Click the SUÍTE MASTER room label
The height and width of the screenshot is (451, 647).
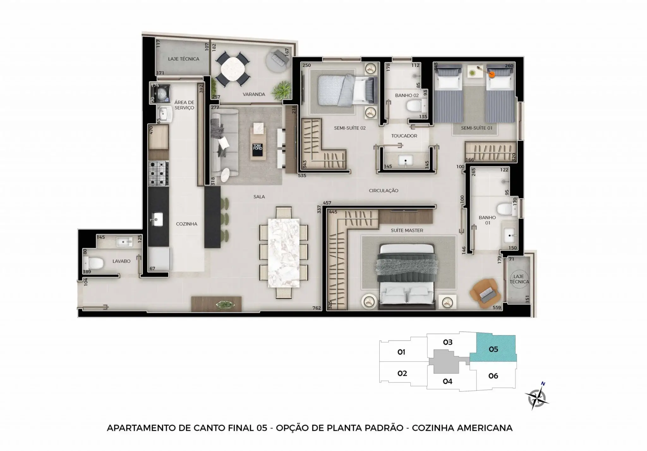point(407,230)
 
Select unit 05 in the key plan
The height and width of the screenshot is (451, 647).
point(493,350)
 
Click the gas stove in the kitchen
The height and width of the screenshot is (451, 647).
point(158,173)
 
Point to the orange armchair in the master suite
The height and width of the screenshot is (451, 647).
point(485,294)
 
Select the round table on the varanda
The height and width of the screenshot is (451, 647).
point(233,70)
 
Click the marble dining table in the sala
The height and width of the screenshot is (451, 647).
point(284,253)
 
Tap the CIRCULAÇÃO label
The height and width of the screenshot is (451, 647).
point(384,191)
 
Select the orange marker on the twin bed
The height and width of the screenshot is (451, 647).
point(492,75)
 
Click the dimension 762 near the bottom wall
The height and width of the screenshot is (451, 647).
point(317,308)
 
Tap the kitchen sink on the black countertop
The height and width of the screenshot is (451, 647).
point(156,219)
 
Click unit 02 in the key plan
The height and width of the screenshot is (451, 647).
point(402,373)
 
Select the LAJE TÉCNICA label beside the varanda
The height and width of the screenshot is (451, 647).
point(184,59)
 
